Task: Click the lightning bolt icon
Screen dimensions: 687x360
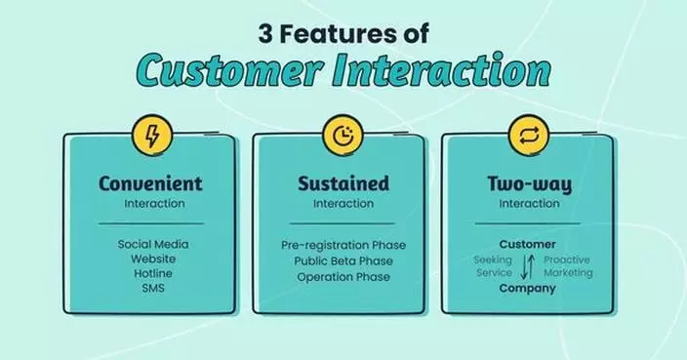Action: (152, 137)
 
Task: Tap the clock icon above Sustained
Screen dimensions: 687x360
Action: (343, 136)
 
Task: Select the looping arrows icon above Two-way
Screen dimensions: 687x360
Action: (529, 136)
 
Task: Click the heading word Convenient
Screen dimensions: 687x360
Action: (150, 183)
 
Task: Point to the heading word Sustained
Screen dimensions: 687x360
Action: (343, 183)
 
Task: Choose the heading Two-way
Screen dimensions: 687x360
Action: (529, 184)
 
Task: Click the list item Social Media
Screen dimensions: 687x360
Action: (153, 244)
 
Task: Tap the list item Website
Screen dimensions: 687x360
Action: (153, 259)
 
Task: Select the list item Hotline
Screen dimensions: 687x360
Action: (153, 273)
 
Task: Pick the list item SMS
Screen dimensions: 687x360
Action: (153, 288)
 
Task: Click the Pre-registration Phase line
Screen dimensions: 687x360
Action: (343, 245)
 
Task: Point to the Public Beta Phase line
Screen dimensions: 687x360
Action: (343, 261)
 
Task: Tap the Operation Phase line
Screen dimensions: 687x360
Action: (343, 277)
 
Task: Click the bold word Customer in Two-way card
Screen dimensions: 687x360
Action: (528, 244)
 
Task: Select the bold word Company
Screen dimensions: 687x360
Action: (528, 288)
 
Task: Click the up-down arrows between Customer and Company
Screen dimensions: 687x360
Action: (528, 266)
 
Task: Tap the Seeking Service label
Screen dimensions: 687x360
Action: (494, 266)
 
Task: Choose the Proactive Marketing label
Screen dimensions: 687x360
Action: (568, 266)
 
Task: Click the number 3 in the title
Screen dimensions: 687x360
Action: (265, 34)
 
